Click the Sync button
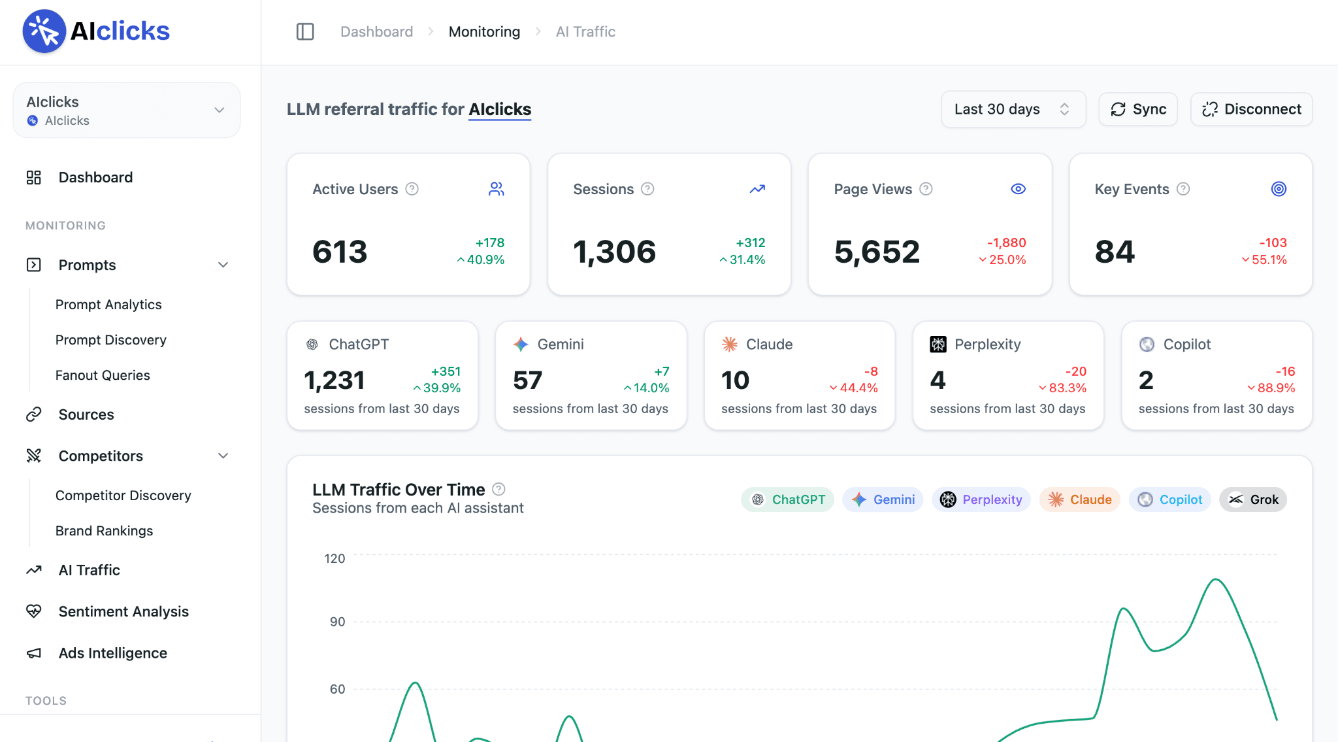click(x=1138, y=109)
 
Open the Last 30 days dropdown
click(x=1013, y=109)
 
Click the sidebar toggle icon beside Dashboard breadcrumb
click(x=305, y=31)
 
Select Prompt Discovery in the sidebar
click(x=111, y=340)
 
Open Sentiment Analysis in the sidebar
click(x=123, y=611)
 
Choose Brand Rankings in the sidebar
click(x=105, y=531)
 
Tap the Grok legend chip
click(x=1253, y=499)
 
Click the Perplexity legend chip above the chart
click(x=981, y=499)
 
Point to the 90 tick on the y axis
click(x=337, y=622)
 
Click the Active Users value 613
click(x=340, y=252)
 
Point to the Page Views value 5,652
click(x=877, y=252)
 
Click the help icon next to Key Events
click(x=1183, y=189)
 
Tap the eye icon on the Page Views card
click(x=1019, y=189)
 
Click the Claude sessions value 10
click(x=735, y=380)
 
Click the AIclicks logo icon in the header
click(x=44, y=31)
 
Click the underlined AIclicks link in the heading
click(x=500, y=109)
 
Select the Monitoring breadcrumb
click(x=484, y=31)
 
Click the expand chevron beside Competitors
click(x=223, y=456)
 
